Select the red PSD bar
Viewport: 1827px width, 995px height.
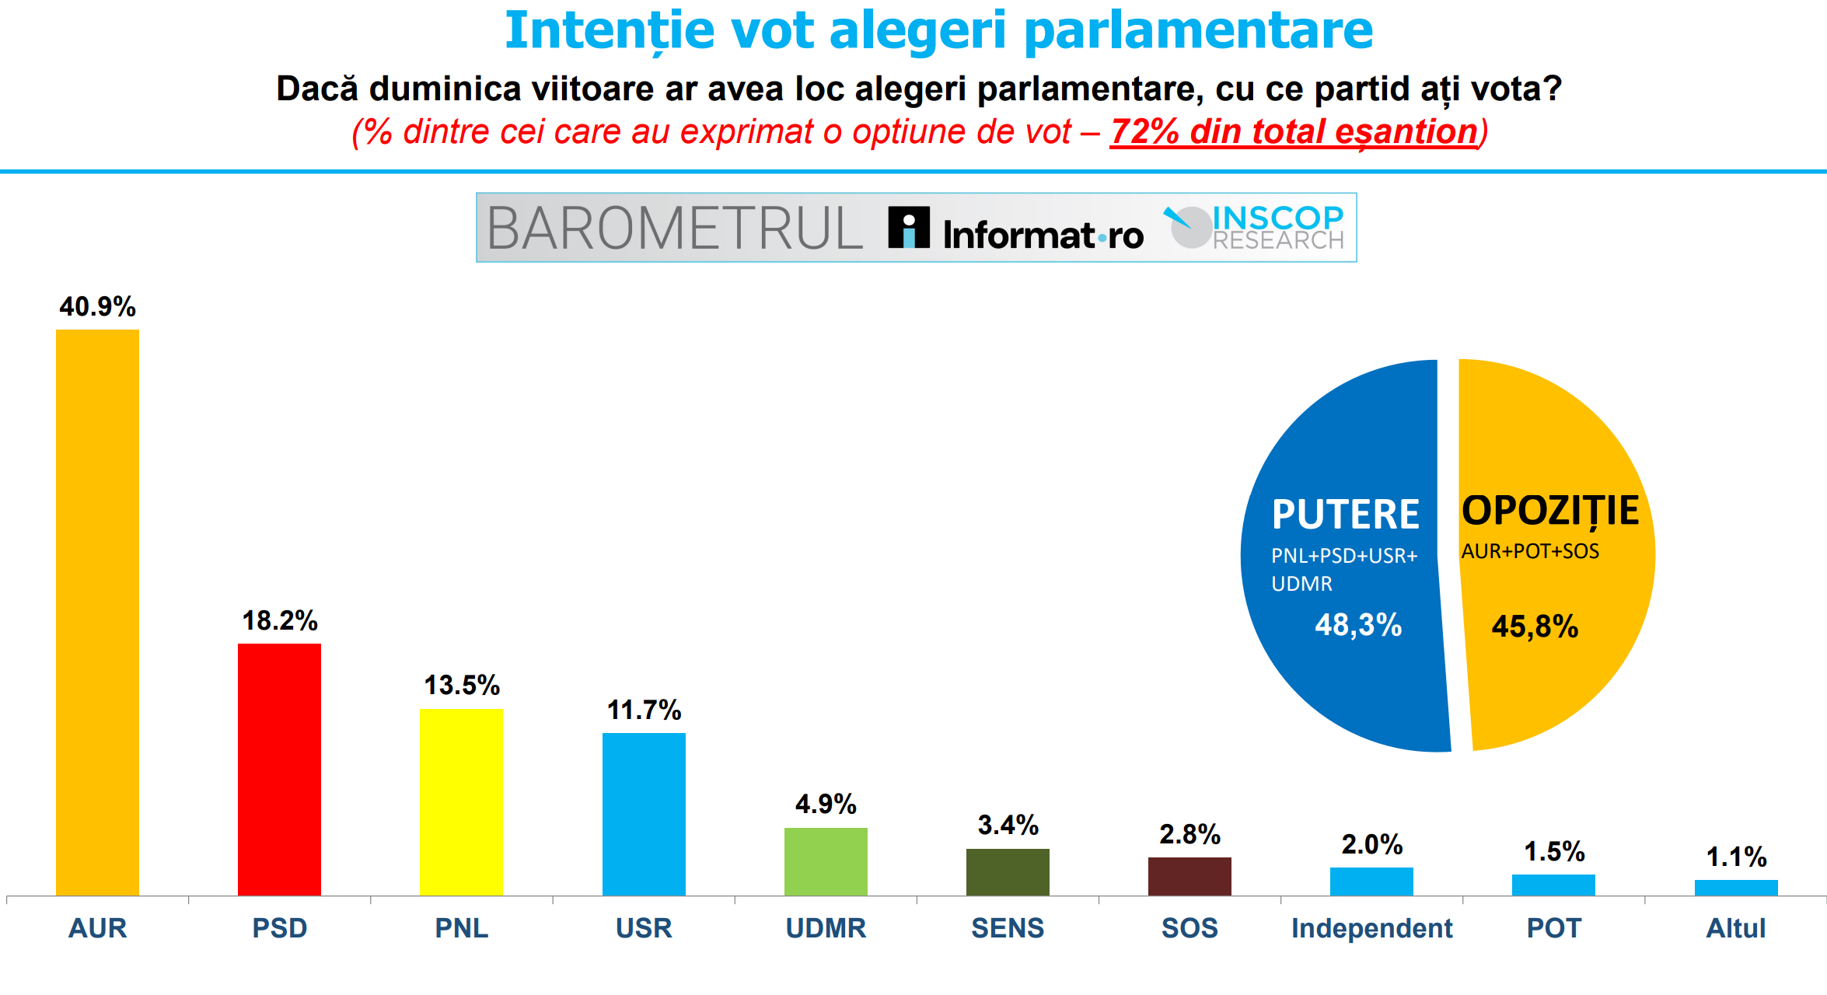(279, 770)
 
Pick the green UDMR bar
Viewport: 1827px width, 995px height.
(826, 861)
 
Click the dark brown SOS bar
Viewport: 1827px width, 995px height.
(1189, 876)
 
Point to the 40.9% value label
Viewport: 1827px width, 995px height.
(97, 307)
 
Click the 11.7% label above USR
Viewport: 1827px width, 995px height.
(644, 710)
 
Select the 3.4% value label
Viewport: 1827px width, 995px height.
(1008, 826)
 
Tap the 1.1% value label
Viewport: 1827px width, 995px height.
(1736, 857)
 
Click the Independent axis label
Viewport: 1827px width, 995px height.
(1371, 928)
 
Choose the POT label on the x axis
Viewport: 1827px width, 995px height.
(1553, 928)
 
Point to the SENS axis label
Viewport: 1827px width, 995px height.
(1008, 928)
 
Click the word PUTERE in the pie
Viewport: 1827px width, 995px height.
(1345, 515)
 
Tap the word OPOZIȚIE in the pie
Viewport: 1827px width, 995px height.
(1550, 511)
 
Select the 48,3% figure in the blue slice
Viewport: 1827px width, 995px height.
(1358, 625)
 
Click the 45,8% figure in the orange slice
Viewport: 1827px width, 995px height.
(1535, 627)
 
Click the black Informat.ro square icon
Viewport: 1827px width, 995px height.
(909, 228)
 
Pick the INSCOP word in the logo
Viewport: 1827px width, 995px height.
(1277, 217)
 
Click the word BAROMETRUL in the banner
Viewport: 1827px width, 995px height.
(674, 229)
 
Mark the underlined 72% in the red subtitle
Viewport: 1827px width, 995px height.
(1144, 131)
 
